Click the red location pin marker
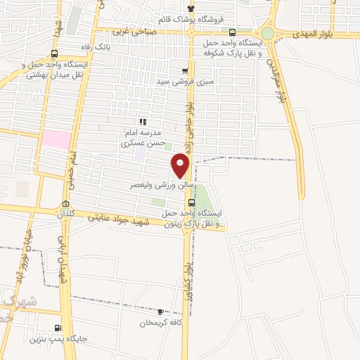coord(181,165)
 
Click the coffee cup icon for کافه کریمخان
coord(161,311)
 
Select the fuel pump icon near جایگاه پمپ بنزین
coord(58,328)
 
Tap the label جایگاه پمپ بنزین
coord(58,339)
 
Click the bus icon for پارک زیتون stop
coord(192,202)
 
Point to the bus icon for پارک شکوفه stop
coord(233,32)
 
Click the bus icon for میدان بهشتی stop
coord(55,53)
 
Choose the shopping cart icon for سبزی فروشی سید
coord(185,71)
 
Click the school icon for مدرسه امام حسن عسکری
coord(143,122)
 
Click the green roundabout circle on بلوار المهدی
coord(268,33)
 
